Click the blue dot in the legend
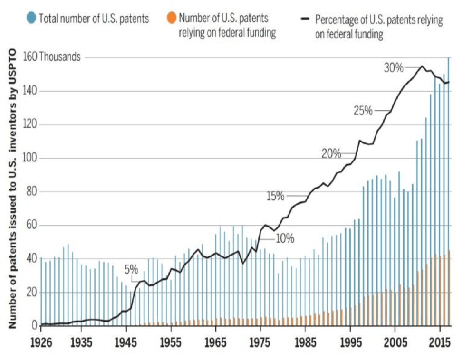[x=31, y=19]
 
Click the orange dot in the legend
[x=171, y=19]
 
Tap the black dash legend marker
[x=307, y=19]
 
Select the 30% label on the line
[x=393, y=68]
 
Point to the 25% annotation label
[x=363, y=111]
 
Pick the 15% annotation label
[x=276, y=195]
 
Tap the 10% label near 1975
[x=285, y=238]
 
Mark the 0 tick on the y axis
[x=34, y=326]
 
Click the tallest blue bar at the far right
[x=448, y=190]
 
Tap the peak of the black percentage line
[x=421, y=66]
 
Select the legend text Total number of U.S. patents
[x=94, y=19]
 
